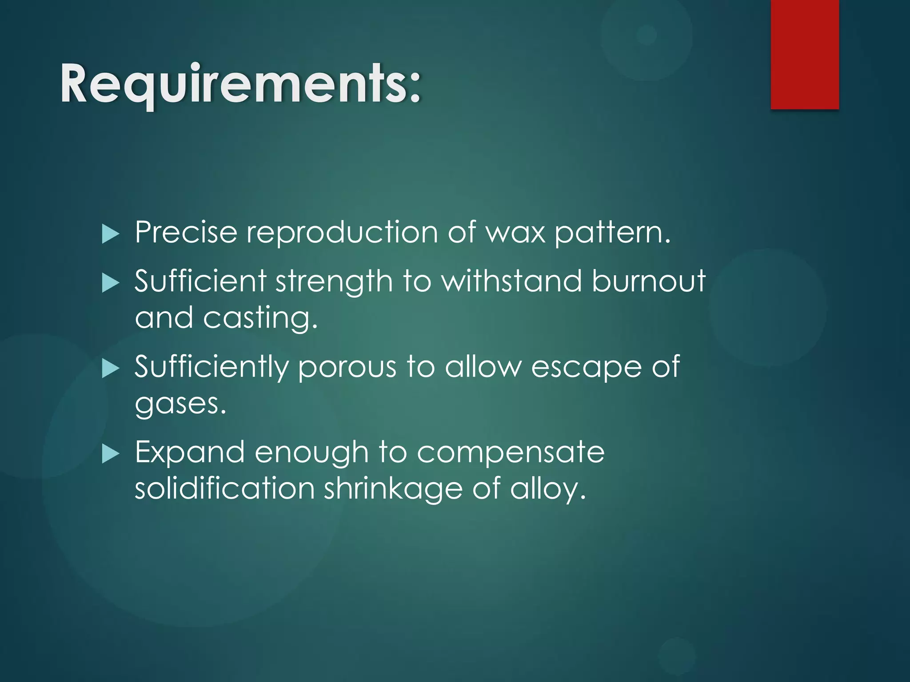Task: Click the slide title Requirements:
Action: tap(240, 84)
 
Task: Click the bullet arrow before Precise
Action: tap(110, 234)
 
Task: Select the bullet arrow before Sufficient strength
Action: tap(110, 283)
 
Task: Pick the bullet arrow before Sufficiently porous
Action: tap(110, 369)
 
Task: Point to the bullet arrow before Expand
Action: tap(110, 454)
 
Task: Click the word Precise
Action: tap(186, 232)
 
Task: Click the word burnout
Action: tap(648, 281)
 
